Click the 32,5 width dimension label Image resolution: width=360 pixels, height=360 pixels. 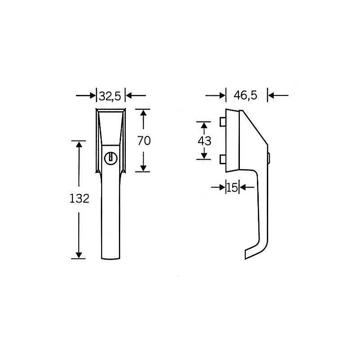110,96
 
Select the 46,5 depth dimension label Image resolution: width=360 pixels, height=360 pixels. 245,95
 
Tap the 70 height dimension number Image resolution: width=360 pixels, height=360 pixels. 144,140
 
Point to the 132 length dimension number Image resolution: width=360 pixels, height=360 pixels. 79,198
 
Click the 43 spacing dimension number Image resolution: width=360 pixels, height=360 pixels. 204,141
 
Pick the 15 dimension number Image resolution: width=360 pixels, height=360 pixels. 232,188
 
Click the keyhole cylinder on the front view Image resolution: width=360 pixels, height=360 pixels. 111,158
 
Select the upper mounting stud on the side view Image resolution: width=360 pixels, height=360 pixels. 223,121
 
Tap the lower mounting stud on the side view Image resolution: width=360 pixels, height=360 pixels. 223,159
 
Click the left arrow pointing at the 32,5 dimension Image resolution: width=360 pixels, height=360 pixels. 85,95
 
